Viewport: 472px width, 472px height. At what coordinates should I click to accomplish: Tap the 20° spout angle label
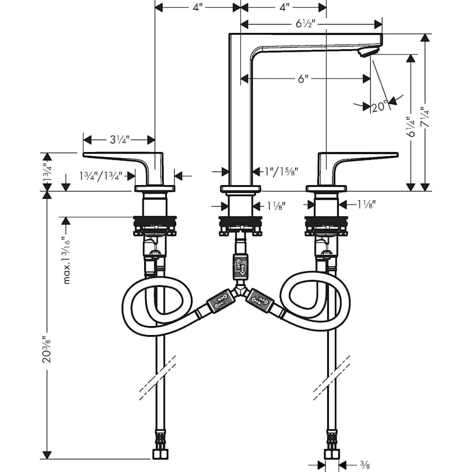[x=379, y=106]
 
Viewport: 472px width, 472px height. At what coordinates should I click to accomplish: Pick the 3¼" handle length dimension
[x=119, y=140]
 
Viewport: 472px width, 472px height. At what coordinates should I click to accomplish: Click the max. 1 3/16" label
[x=66, y=259]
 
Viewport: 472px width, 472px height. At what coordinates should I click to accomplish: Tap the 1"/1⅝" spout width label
[x=281, y=171]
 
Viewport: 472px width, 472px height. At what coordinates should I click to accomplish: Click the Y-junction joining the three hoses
[x=241, y=289]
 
